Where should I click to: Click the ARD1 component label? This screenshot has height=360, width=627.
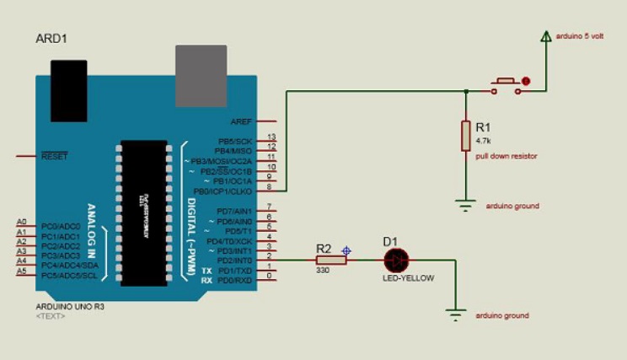point(52,39)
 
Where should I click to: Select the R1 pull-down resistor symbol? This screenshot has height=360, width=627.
point(465,136)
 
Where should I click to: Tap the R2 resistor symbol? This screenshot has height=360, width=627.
point(331,261)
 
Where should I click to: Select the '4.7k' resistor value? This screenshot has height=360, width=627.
point(484,140)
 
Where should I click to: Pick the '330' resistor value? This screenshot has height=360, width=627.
point(324,271)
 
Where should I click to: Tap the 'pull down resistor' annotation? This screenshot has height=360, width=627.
point(506,156)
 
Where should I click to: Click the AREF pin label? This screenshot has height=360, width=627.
point(242,121)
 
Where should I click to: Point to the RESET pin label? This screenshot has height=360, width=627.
point(55,156)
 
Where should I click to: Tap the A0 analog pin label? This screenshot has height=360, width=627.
point(21,223)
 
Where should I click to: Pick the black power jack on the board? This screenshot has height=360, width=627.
point(70,81)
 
